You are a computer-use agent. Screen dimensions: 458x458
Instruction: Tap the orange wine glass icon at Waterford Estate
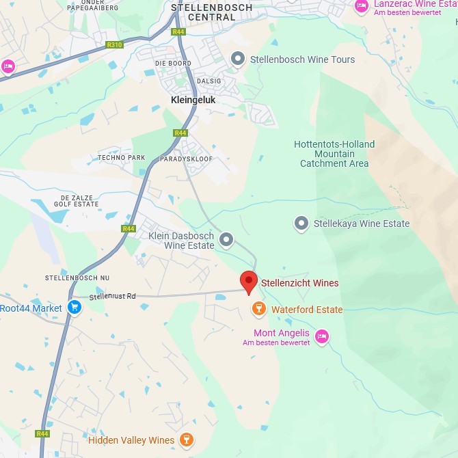[x=259, y=309]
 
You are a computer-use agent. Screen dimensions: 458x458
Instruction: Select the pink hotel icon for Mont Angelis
[x=322, y=336]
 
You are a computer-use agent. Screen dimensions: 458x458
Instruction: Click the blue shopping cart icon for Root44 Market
[x=75, y=308]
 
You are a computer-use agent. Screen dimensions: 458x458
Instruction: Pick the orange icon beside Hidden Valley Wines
[x=185, y=440]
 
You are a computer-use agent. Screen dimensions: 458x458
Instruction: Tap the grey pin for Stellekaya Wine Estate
[x=301, y=223]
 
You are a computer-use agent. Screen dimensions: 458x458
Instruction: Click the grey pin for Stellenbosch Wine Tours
[x=238, y=59]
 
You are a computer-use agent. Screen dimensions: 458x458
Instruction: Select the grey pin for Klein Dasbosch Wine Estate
[x=226, y=240]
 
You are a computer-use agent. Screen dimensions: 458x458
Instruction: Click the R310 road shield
[x=114, y=45]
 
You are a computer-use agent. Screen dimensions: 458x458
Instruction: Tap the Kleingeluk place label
[x=193, y=100]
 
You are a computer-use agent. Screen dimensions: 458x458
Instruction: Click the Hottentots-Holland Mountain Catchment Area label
[x=334, y=154]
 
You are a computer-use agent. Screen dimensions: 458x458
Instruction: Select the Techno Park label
[x=122, y=157]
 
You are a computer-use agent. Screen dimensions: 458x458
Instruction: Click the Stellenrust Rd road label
[x=113, y=296]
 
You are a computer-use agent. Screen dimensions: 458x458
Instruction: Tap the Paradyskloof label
[x=187, y=159]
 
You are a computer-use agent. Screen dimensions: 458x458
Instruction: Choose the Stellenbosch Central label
[x=211, y=12]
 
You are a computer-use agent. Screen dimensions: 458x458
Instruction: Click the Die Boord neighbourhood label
[x=174, y=64]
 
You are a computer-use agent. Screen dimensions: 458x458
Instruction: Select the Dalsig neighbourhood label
[x=209, y=81]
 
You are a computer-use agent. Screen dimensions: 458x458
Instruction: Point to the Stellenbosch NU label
[x=77, y=278]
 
